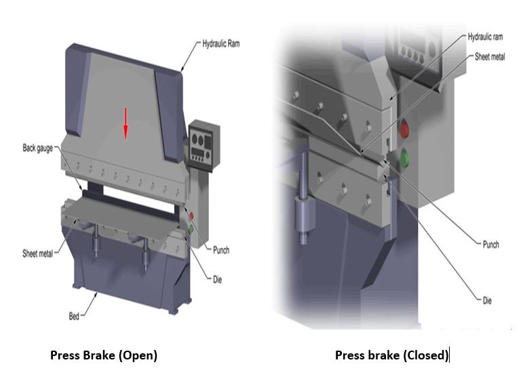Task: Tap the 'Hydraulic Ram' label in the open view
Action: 221,44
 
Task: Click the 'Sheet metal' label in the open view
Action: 37,254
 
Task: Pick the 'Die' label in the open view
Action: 217,279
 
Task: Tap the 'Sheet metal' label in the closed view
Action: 490,56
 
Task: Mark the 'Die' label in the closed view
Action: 487,300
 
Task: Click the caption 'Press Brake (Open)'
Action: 103,355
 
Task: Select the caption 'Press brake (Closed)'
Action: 391,355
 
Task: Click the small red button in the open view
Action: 191,216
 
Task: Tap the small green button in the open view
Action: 192,229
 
